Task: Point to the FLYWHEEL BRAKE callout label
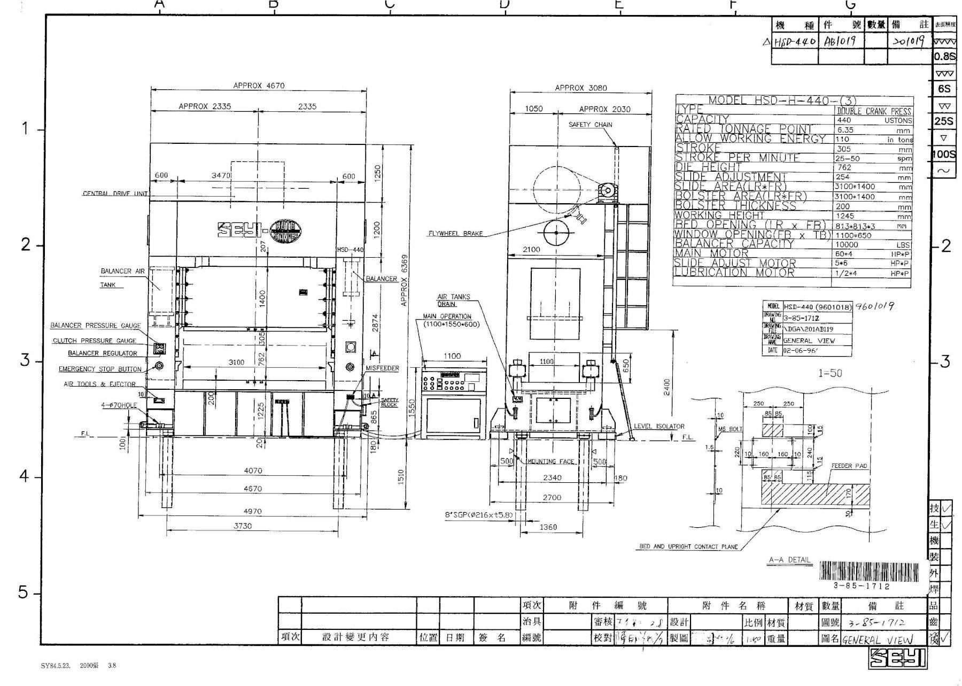455,234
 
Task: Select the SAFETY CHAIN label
590,125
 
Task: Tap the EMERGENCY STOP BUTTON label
100,369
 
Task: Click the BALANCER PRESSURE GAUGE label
96,325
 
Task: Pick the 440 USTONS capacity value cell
873,120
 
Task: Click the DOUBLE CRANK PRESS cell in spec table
873,111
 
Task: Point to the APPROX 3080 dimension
580,88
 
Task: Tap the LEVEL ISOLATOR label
658,426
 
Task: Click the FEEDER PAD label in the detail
849,466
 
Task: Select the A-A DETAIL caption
789,560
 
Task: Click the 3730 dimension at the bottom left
243,526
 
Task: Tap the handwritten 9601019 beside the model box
875,306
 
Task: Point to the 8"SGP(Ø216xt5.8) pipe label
479,515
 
